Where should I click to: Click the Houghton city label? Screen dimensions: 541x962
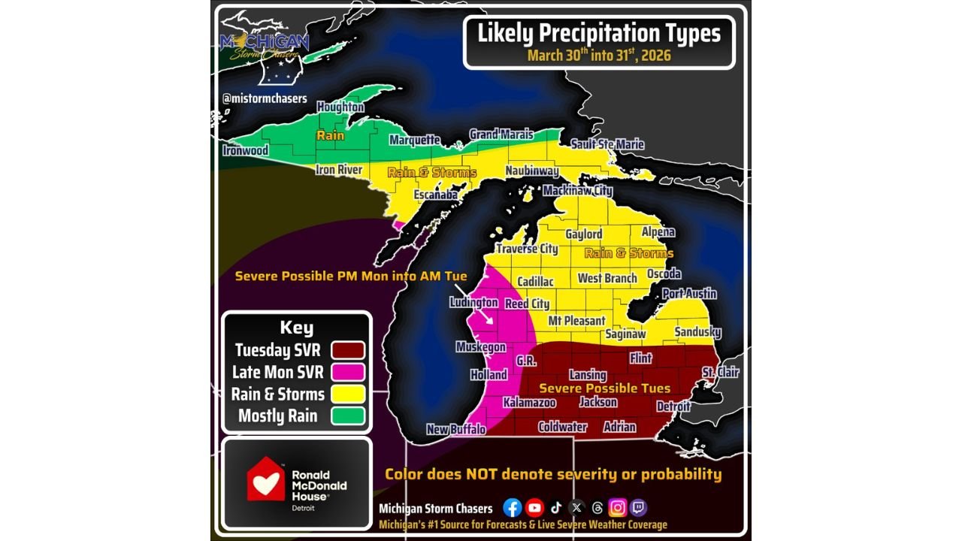(340, 107)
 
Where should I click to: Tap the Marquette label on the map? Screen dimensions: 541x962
(415, 140)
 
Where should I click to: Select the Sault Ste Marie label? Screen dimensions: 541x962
(607, 144)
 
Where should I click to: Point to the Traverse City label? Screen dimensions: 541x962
(527, 249)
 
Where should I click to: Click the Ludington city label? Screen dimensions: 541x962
(473, 303)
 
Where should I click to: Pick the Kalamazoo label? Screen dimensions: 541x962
(529, 403)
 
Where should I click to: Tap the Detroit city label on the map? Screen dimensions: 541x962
(673, 407)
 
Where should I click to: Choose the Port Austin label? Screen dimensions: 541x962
(689, 294)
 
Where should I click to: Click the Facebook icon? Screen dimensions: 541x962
(513, 508)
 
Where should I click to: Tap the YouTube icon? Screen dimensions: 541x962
(534, 508)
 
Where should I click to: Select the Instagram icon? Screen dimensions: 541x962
(618, 508)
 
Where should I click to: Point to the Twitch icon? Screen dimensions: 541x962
(638, 508)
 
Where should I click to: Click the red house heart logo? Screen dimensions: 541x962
(266, 479)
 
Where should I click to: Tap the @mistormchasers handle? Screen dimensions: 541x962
(265, 98)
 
